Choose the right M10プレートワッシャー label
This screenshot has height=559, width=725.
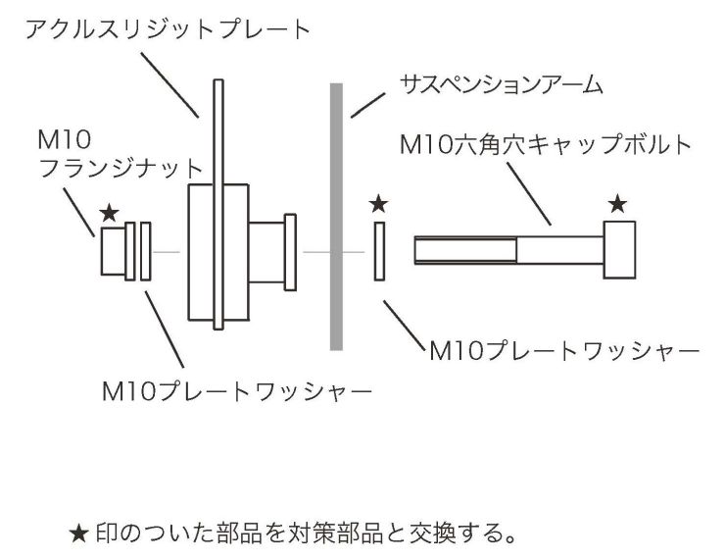[563, 350]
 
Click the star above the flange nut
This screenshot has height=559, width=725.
[111, 212]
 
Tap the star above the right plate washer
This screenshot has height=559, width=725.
[380, 204]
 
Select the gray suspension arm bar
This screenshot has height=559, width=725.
[335, 216]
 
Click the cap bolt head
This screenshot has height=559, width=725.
[620, 250]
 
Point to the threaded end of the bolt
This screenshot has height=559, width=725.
[460, 250]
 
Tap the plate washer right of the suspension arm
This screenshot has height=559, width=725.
[381, 252]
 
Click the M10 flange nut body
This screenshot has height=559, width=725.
[114, 251]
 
